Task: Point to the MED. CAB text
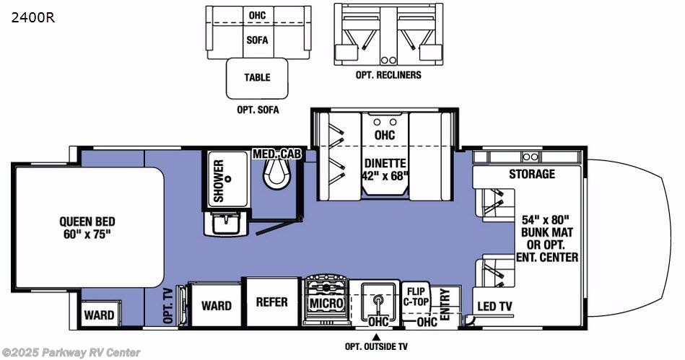coord(278,154)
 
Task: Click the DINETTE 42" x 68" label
coord(385,169)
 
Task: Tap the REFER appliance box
coord(271,302)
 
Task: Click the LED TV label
coord(494,307)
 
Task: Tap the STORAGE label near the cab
coord(531,174)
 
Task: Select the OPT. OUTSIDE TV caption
coord(375,347)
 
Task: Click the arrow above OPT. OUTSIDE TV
coord(375,335)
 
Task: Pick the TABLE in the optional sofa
coord(257,78)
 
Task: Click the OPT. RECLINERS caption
coord(389,74)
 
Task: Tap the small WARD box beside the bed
coord(99,315)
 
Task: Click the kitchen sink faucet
coord(376,297)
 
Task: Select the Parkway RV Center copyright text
coord(71,352)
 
